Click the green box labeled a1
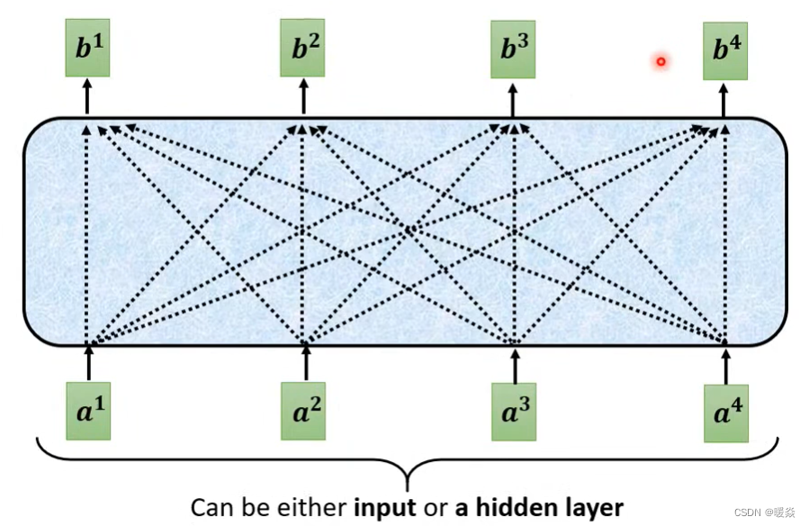pos(88,411)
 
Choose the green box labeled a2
pos(303,411)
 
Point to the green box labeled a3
pos(514,412)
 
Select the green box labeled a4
pos(727,413)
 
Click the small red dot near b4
pos(661,61)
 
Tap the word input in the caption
pos(386,507)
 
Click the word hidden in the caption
pos(510,506)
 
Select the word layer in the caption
pos(589,507)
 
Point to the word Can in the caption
pos(210,507)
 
